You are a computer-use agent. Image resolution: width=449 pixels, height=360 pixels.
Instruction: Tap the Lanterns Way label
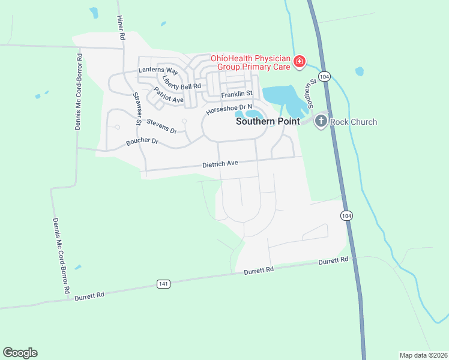point(155,70)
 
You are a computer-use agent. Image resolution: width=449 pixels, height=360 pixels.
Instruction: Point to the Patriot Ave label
point(168,95)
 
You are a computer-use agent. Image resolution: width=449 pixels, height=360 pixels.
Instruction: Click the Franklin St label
point(237,94)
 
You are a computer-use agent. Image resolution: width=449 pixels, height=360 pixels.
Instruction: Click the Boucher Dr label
point(142,142)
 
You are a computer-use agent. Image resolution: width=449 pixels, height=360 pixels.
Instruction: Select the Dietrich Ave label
point(220,163)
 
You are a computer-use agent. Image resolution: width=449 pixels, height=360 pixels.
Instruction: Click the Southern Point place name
point(267,121)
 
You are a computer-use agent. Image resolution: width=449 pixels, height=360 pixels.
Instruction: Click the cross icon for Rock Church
point(321,122)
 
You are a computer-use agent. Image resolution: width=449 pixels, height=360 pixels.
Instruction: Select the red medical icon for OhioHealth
point(299,62)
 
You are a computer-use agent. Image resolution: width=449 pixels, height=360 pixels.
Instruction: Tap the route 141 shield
point(164,283)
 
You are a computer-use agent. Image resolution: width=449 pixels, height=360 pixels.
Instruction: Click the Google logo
point(20,353)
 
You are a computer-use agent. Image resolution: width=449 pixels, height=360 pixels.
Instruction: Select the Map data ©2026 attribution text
point(423,355)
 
